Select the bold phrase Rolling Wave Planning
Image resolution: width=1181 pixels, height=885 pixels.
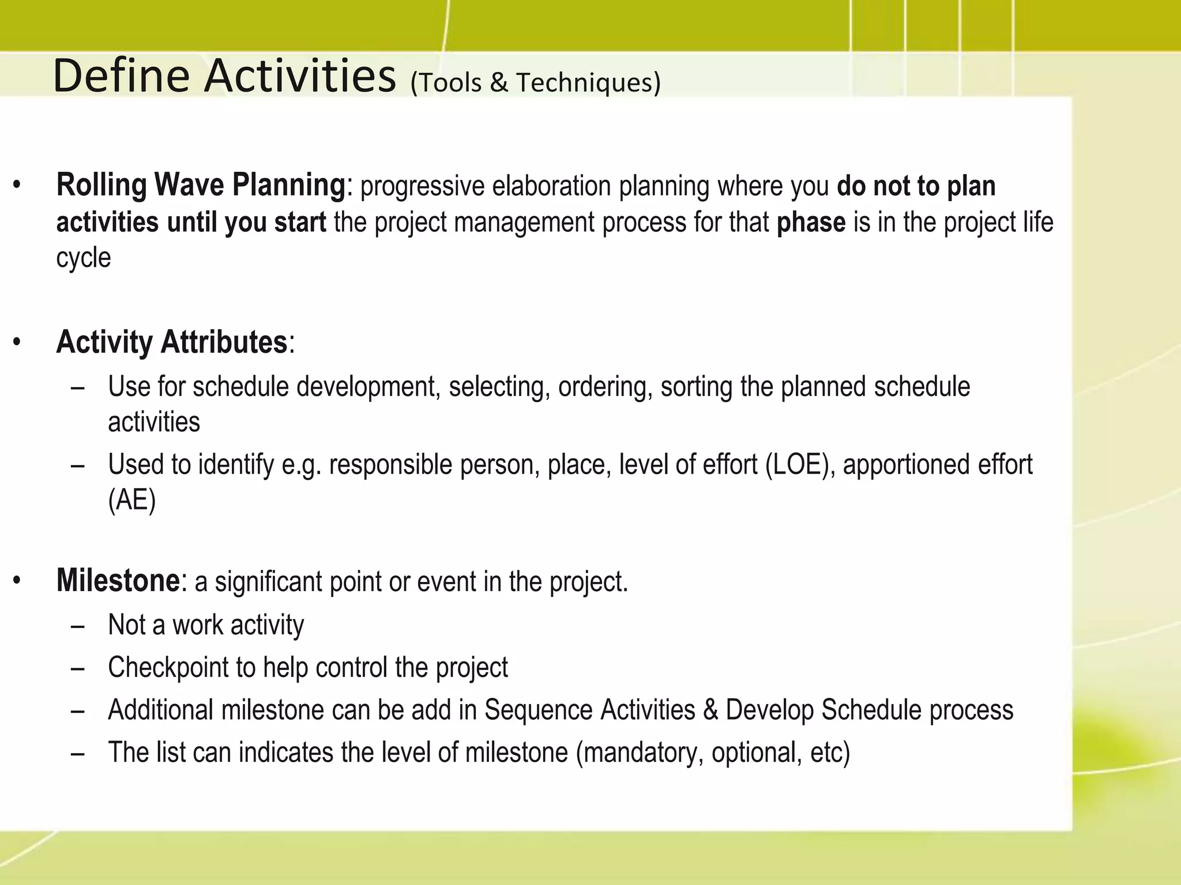(x=200, y=186)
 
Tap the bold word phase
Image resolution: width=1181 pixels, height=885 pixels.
(x=811, y=222)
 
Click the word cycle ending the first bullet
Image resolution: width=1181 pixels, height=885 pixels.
(x=83, y=258)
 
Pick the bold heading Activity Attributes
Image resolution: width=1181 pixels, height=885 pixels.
(x=171, y=342)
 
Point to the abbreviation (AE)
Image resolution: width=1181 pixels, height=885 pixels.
(x=131, y=500)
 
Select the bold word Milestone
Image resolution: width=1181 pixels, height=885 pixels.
(x=118, y=580)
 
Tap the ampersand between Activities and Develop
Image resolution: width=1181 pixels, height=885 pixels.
(x=710, y=710)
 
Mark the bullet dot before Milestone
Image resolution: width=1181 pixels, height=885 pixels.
(x=17, y=581)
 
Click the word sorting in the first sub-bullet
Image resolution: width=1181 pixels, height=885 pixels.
(x=696, y=387)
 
